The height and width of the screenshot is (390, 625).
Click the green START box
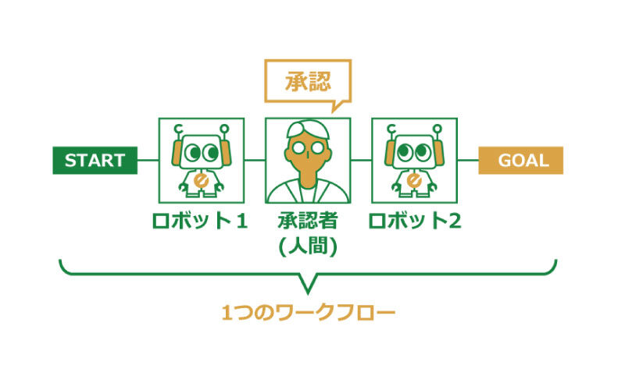point(95,161)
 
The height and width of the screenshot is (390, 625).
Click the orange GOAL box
point(520,161)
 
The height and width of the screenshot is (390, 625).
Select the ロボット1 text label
point(200,221)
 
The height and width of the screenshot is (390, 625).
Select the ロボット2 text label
point(415,221)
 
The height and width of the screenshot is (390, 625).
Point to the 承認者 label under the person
point(308,221)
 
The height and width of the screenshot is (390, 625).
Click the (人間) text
point(308,246)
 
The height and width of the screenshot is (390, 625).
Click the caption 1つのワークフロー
point(308,313)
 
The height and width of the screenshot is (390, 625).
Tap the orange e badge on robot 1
point(201,180)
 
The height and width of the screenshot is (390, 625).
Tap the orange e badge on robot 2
point(414,180)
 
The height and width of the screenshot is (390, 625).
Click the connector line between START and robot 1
point(148,161)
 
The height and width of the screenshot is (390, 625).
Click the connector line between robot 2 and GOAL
point(468,161)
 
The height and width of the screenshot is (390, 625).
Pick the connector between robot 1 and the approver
point(255,161)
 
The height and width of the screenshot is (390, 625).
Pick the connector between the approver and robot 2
point(361,161)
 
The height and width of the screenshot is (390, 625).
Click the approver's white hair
point(308,128)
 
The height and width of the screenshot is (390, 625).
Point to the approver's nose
point(308,154)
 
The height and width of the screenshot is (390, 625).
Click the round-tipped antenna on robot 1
point(224,129)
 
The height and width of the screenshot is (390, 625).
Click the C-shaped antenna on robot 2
point(391,129)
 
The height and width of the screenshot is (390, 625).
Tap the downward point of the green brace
point(308,294)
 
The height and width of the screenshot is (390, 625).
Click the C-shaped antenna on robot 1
point(178,129)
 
